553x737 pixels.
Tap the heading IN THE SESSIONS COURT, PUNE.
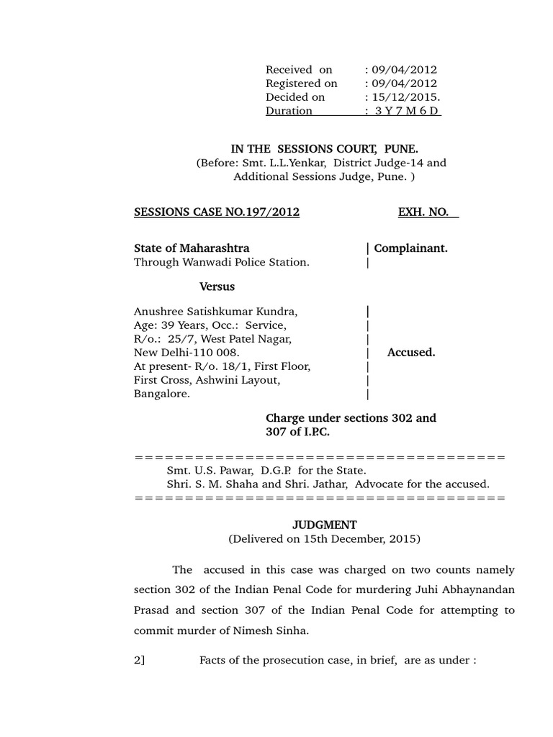pyautogui.click(x=324, y=149)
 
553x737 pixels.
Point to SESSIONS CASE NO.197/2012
pyautogui.click(x=217, y=212)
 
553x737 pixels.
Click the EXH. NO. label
pyautogui.click(x=428, y=212)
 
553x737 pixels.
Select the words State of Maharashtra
pyautogui.click(x=192, y=248)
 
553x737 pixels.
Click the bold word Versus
pyautogui.click(x=217, y=286)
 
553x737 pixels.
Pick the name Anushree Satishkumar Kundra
pyautogui.click(x=215, y=312)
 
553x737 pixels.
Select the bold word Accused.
pyautogui.click(x=410, y=353)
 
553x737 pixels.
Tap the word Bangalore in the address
pyautogui.click(x=162, y=394)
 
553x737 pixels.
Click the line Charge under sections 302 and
pyautogui.click(x=351, y=418)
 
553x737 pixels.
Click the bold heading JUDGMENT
pyautogui.click(x=324, y=525)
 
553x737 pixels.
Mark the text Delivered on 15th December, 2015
pyautogui.click(x=324, y=538)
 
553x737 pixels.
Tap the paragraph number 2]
pyautogui.click(x=140, y=661)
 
